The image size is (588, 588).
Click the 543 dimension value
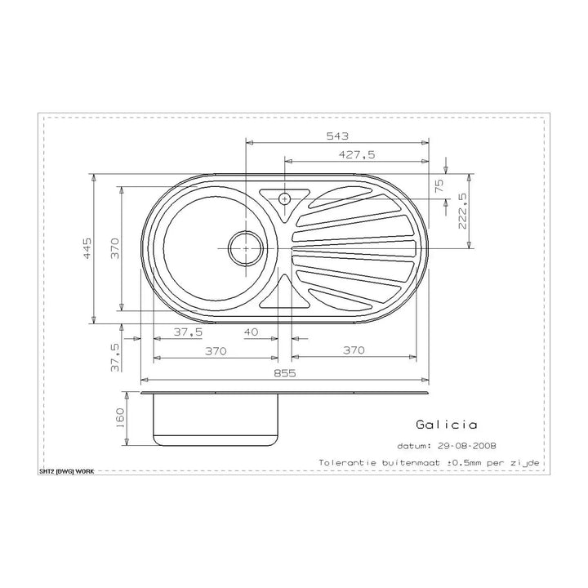tap(337, 136)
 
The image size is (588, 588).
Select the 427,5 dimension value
tap(357, 154)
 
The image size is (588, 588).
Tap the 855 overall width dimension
tap(285, 373)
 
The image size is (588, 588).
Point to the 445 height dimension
tap(87, 248)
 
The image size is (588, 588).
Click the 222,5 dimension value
tap(462, 211)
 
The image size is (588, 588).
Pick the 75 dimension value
tap(439, 185)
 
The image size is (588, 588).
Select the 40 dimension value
tap(251, 332)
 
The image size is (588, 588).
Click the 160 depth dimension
tap(120, 418)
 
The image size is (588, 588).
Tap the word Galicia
tap(446, 425)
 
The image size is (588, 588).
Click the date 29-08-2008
tap(467, 446)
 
